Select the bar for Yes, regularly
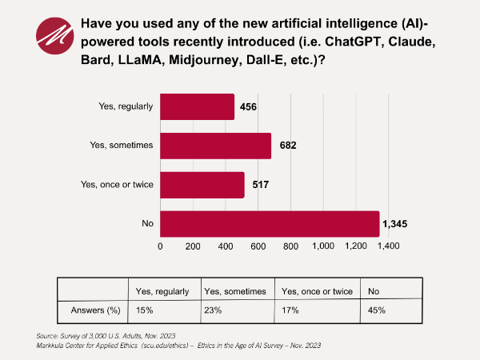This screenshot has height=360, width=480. (x=198, y=107)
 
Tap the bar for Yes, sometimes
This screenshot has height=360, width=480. (x=216, y=146)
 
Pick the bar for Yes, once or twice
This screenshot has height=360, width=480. (x=202, y=185)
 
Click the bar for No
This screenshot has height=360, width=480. (x=270, y=224)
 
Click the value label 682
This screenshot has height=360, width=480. (x=287, y=146)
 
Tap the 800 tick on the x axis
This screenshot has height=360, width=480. (x=290, y=246)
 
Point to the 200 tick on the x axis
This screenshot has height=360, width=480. (x=193, y=246)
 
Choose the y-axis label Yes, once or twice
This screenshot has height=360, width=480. (x=117, y=185)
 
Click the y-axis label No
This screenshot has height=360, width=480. (x=146, y=224)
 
